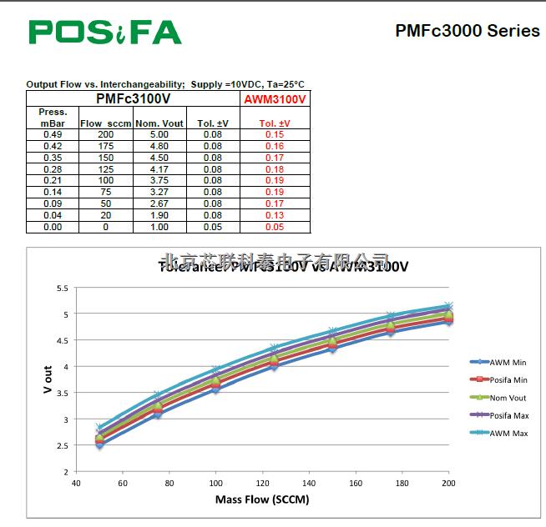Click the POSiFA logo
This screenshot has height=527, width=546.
105,32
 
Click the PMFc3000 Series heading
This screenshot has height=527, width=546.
468,31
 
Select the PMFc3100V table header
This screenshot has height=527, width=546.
134,98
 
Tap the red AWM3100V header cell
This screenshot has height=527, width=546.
275,99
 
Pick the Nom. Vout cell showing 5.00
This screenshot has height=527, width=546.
159,134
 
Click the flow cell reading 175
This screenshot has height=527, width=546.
105,146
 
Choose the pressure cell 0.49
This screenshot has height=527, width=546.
53,134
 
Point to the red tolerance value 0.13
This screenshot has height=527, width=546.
275,215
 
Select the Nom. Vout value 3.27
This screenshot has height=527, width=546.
159,192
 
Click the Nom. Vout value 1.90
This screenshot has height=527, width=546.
159,215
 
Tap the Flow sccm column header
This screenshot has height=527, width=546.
105,123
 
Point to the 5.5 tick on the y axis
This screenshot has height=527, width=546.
62,288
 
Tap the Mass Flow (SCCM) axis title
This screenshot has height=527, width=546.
262,500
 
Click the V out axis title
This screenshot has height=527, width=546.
48,379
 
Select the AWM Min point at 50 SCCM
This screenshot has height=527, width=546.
99,445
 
